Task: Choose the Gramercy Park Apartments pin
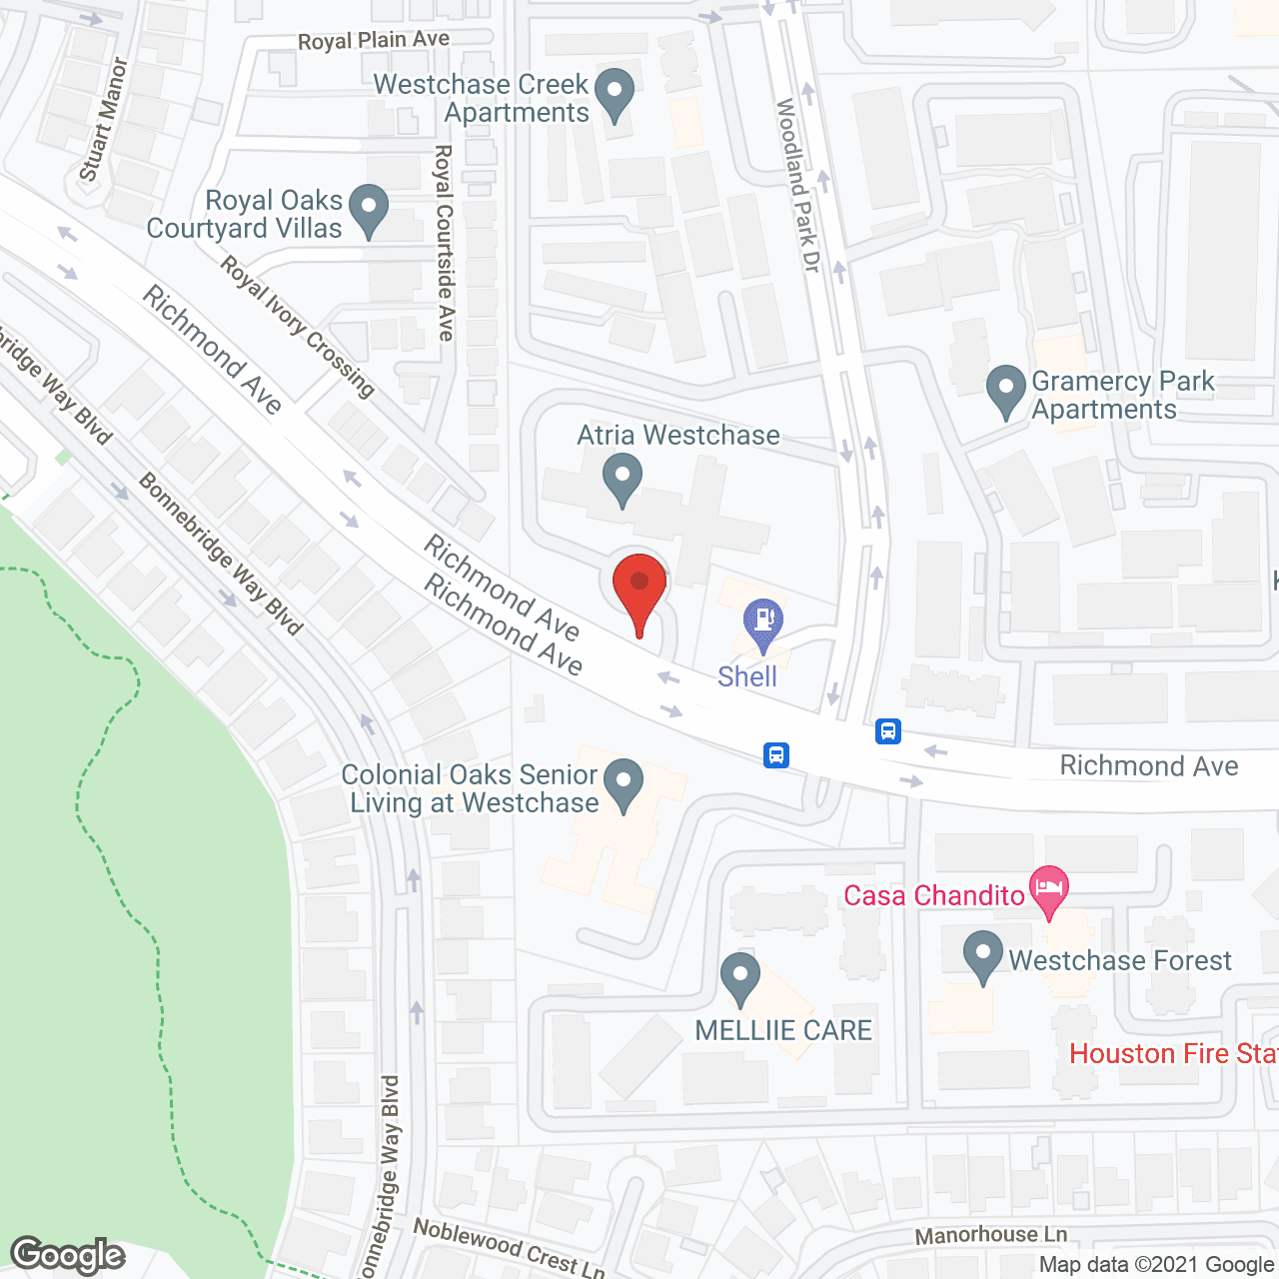point(1006,391)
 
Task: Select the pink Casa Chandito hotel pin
point(1048,890)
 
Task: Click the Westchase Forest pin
point(983,955)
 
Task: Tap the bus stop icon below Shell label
point(776,754)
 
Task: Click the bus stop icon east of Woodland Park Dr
point(888,731)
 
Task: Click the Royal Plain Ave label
point(374,40)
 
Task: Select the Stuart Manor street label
point(103,119)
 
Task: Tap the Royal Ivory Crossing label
point(297,326)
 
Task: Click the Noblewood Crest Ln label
point(509,1247)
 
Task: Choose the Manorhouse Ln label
point(991,1235)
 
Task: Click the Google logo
point(68,1255)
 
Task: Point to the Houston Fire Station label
point(1173,1053)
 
